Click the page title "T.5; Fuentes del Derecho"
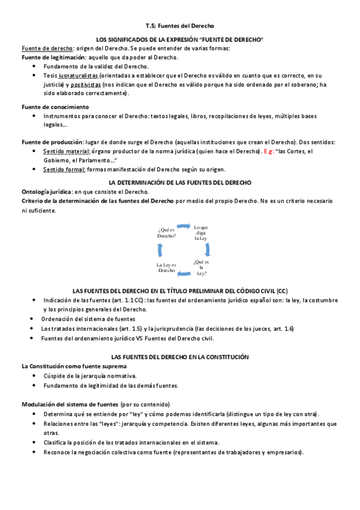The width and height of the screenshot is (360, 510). point(180,26)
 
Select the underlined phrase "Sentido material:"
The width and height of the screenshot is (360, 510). point(66,151)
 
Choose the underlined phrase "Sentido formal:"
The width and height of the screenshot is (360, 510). point(64,170)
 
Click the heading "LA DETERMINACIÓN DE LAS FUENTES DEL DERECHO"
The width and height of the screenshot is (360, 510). point(180,182)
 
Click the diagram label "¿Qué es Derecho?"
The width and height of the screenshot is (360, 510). point(166,233)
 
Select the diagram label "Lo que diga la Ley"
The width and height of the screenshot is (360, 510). point(200,232)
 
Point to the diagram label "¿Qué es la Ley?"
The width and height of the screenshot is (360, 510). point(201,266)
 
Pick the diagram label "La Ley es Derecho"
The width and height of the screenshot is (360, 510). point(166,268)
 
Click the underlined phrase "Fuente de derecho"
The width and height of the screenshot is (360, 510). point(47,48)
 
